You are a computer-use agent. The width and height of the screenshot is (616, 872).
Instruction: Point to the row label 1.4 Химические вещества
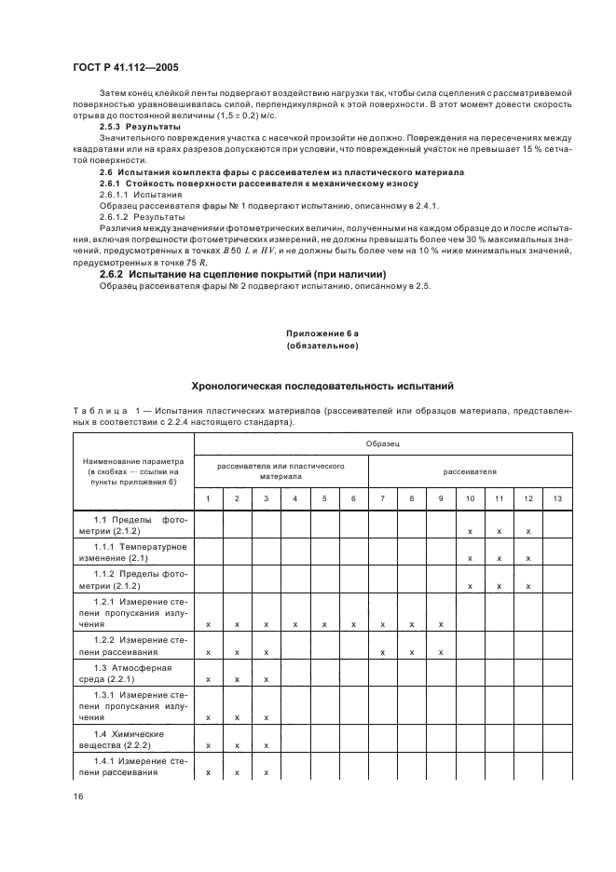[x=132, y=740]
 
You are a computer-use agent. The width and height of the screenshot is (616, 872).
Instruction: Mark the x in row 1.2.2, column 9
[x=441, y=652]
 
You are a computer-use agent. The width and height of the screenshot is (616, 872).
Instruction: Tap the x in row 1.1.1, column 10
[x=470, y=558]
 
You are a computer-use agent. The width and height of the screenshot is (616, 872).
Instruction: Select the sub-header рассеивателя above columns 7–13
[x=470, y=471]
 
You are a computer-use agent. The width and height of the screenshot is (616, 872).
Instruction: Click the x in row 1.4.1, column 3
[x=266, y=773]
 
